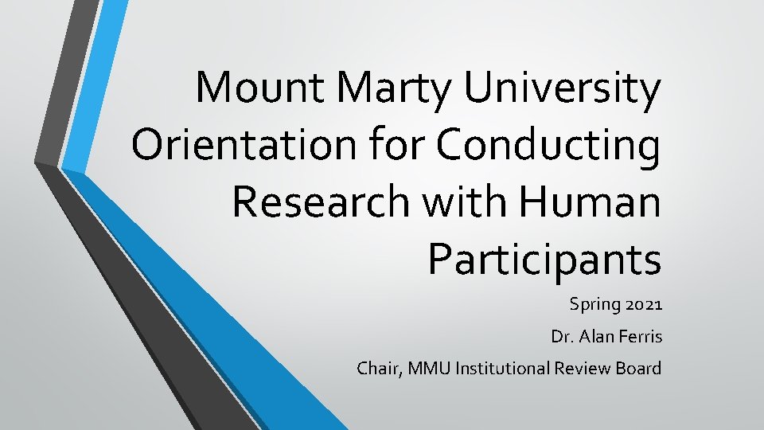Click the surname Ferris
[x=638, y=337]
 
